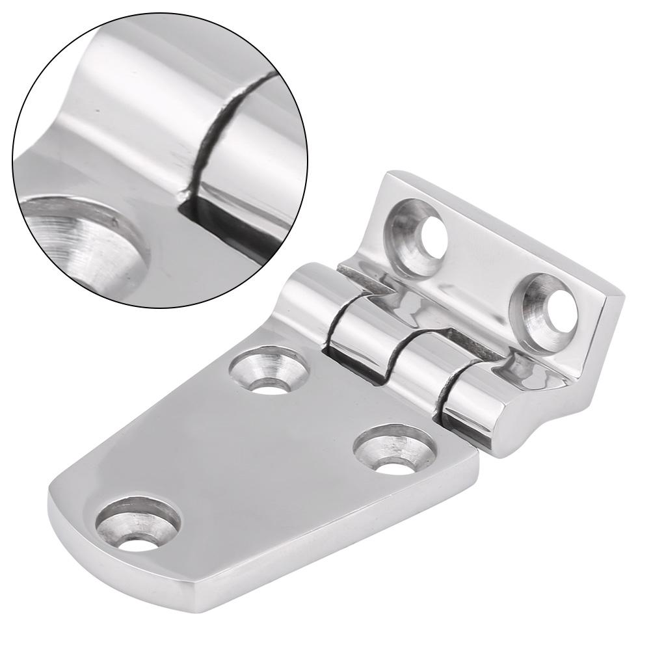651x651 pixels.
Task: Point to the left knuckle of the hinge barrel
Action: pos(306,306)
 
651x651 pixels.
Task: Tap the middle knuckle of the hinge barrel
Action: pos(377,351)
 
